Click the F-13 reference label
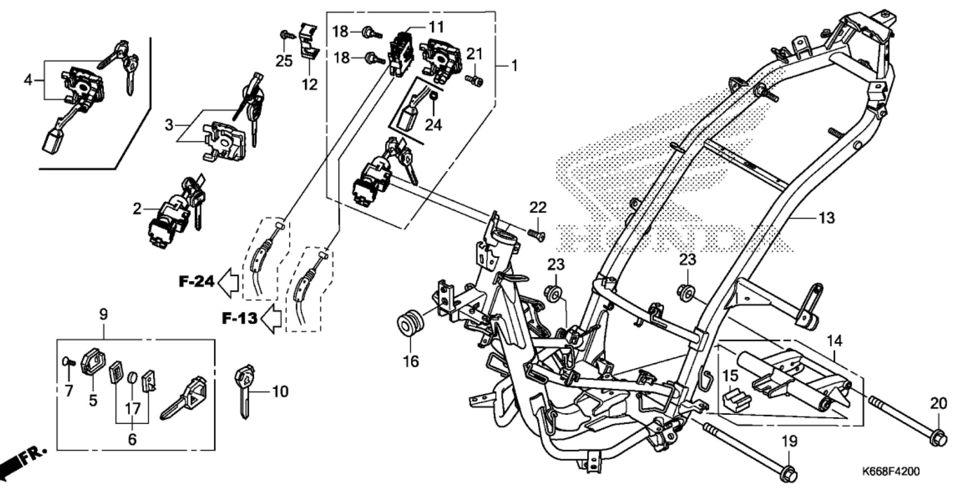pyautogui.click(x=239, y=318)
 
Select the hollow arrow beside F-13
pyautogui.click(x=271, y=319)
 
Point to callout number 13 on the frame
pyautogui.click(x=826, y=217)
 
